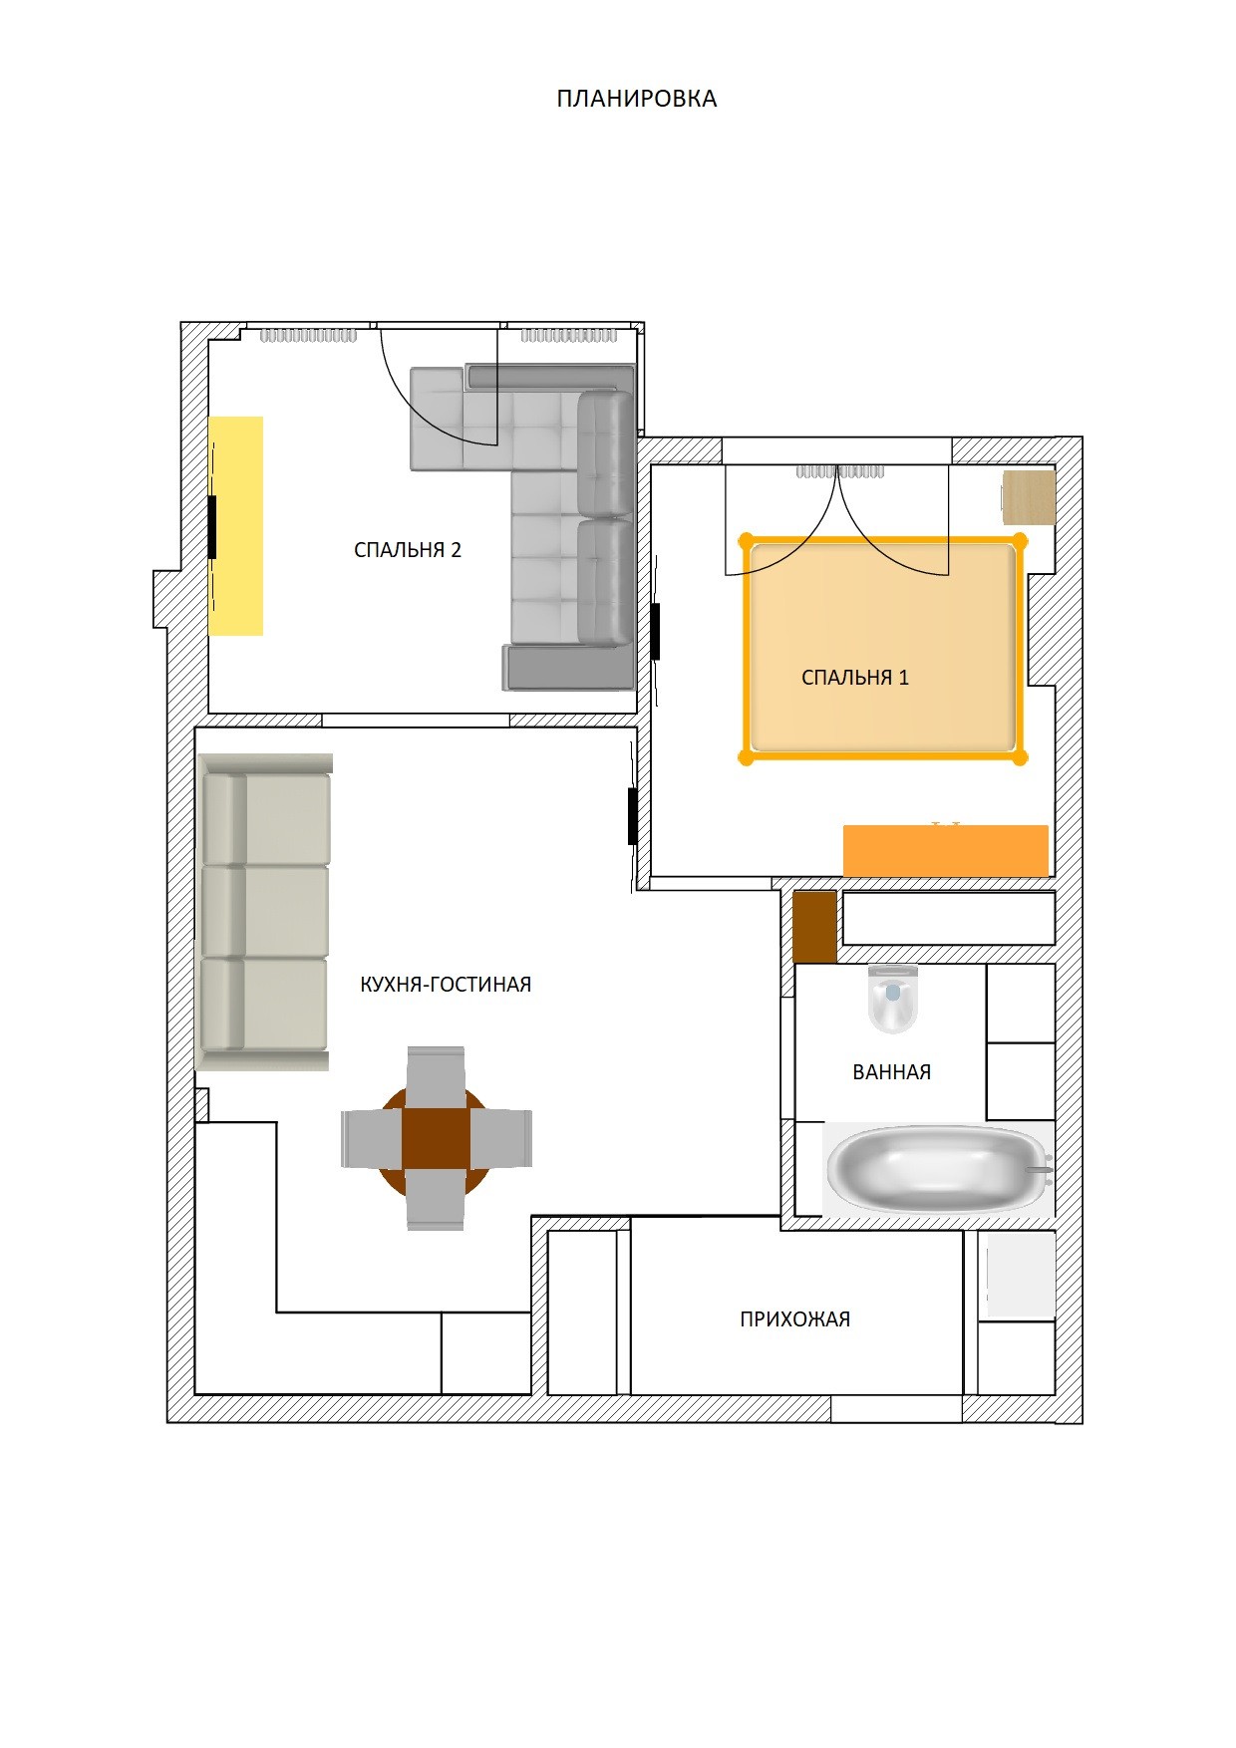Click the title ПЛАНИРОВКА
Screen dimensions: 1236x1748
[637, 99]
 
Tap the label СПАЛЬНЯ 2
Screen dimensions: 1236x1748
[408, 550]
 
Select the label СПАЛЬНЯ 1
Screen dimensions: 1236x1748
[855, 678]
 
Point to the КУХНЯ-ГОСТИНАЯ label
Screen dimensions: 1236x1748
[446, 985]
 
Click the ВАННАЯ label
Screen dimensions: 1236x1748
[892, 1072]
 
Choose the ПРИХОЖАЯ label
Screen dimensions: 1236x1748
[795, 1319]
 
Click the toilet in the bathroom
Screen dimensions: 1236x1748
[892, 999]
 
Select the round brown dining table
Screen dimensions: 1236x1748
[436, 1138]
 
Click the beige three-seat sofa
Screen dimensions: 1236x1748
[265, 912]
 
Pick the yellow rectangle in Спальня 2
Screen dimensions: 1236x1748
[236, 526]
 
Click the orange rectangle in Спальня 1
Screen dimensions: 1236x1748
[946, 851]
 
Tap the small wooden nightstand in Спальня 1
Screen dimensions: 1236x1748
[1029, 497]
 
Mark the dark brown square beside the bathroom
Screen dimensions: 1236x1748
[814, 928]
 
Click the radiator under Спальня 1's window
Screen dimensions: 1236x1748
[840, 472]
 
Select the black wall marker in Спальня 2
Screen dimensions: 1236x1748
[212, 526]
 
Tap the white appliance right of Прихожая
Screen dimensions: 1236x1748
[1021, 1275]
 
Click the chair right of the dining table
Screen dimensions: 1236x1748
[500, 1138]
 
